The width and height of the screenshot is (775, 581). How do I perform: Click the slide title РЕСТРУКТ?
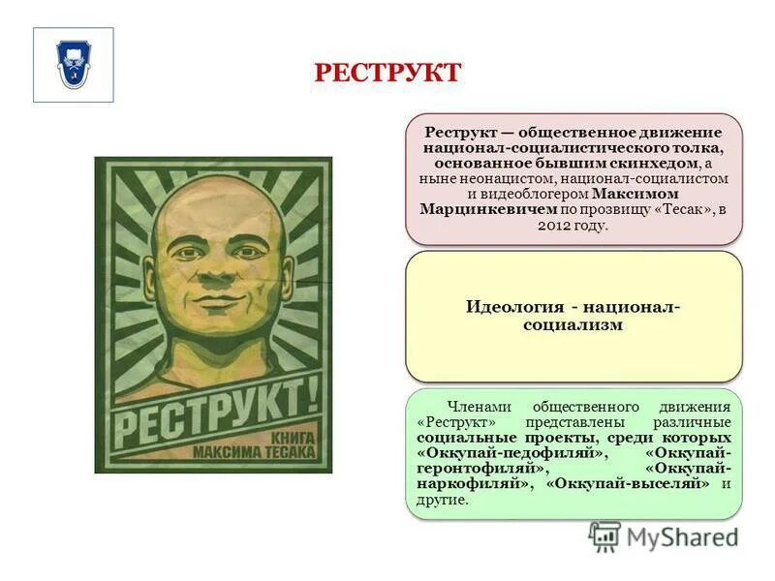(387, 74)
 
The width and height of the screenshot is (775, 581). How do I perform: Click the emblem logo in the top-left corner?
(74, 64)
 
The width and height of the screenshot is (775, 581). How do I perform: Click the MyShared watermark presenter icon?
(605, 536)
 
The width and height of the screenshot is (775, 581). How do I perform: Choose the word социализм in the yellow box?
(573, 325)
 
